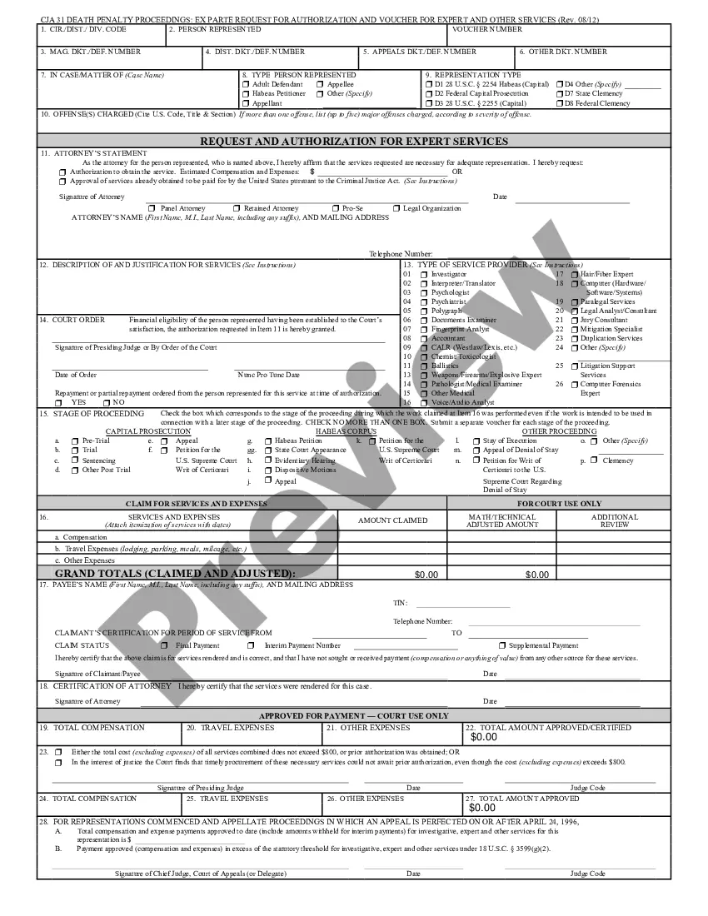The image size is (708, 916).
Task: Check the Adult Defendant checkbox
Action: coord(245,84)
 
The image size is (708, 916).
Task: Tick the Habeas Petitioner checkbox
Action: coord(245,94)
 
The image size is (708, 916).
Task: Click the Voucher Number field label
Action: coord(487,29)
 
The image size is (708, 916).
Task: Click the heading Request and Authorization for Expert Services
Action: coord(354,141)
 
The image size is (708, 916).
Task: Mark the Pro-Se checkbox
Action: coord(335,208)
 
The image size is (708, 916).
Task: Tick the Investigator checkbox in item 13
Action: coord(424,274)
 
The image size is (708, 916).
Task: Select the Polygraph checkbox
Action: coord(424,311)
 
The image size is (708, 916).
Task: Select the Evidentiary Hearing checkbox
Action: coord(267,460)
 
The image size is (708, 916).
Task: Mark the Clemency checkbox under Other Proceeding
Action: coord(594,460)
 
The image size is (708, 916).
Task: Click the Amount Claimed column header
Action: coord(392,520)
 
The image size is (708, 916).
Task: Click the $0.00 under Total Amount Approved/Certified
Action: coord(483,737)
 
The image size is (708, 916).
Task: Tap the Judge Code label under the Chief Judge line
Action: coord(587,874)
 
